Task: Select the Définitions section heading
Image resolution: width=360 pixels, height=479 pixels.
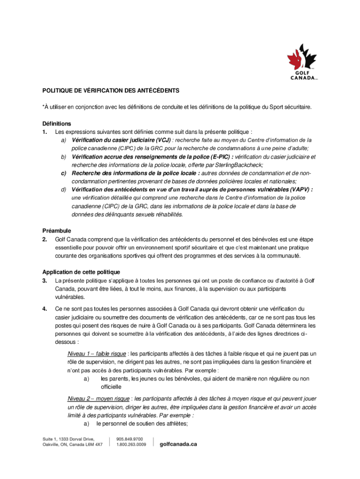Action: tap(57, 124)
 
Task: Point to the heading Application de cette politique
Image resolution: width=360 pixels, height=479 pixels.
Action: tap(81, 272)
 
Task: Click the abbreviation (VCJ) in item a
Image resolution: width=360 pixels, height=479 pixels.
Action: tap(160, 140)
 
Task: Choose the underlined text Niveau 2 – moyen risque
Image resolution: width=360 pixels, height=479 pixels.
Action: tap(99, 399)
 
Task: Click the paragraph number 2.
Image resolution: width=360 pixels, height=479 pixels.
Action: tap(44, 239)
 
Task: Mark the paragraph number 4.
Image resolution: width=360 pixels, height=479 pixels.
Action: tap(44, 309)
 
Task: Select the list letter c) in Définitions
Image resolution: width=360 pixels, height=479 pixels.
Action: tap(64, 173)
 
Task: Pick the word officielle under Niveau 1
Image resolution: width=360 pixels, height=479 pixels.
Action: tap(111, 387)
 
